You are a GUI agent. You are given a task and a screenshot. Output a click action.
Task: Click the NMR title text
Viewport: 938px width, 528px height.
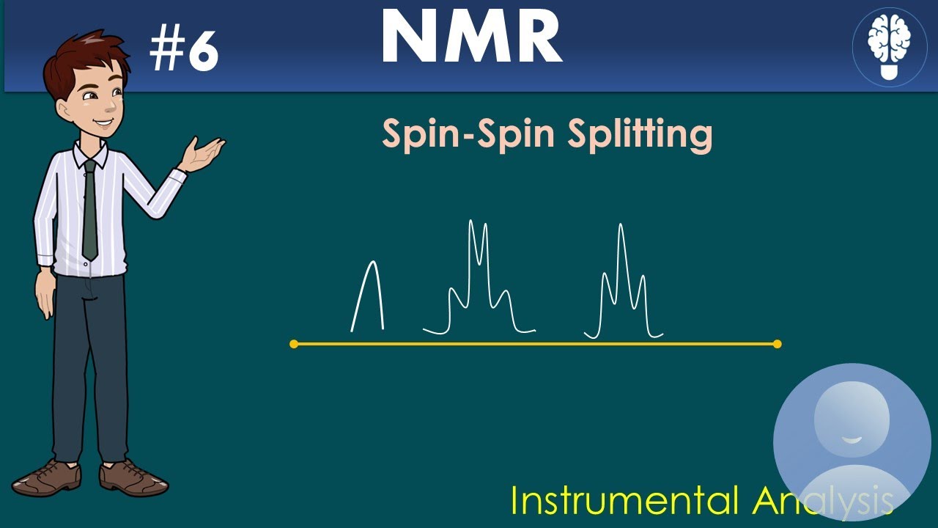coord(471,39)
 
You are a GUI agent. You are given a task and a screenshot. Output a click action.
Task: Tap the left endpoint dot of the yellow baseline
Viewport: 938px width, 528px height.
coord(294,343)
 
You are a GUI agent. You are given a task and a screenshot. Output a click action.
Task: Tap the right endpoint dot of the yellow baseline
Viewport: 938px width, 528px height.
coord(777,343)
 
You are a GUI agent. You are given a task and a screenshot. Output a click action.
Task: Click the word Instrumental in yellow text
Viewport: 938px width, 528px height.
coord(625,501)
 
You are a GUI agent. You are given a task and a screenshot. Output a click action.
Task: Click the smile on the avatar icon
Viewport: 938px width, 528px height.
coord(851,439)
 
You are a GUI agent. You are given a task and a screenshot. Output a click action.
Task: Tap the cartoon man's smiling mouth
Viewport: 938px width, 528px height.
coord(103,123)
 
